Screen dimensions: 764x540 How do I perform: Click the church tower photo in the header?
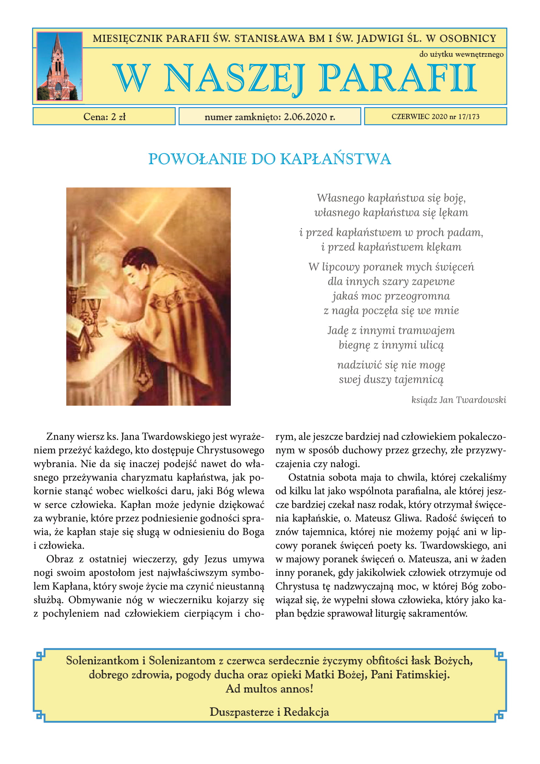(59, 66)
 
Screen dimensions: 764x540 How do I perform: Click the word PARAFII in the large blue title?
(398, 78)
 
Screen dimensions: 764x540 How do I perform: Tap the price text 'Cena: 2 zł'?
(104, 117)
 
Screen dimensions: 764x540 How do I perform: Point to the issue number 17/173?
(469, 117)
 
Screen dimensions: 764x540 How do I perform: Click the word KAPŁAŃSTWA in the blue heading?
(336, 159)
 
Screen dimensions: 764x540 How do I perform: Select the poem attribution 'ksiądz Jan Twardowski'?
(458, 399)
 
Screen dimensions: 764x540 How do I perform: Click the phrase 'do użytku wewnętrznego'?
(461, 54)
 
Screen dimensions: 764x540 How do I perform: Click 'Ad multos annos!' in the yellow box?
(269, 689)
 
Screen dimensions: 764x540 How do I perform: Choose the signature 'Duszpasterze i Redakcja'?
(269, 712)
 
